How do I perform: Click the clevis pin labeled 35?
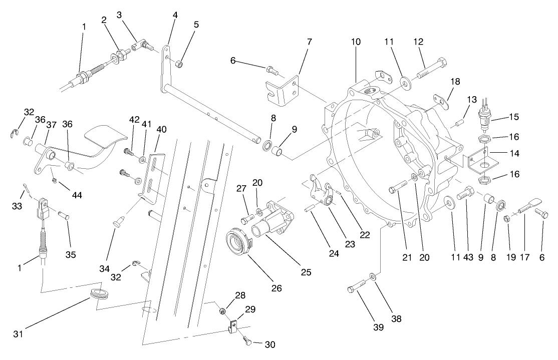(63, 216)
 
